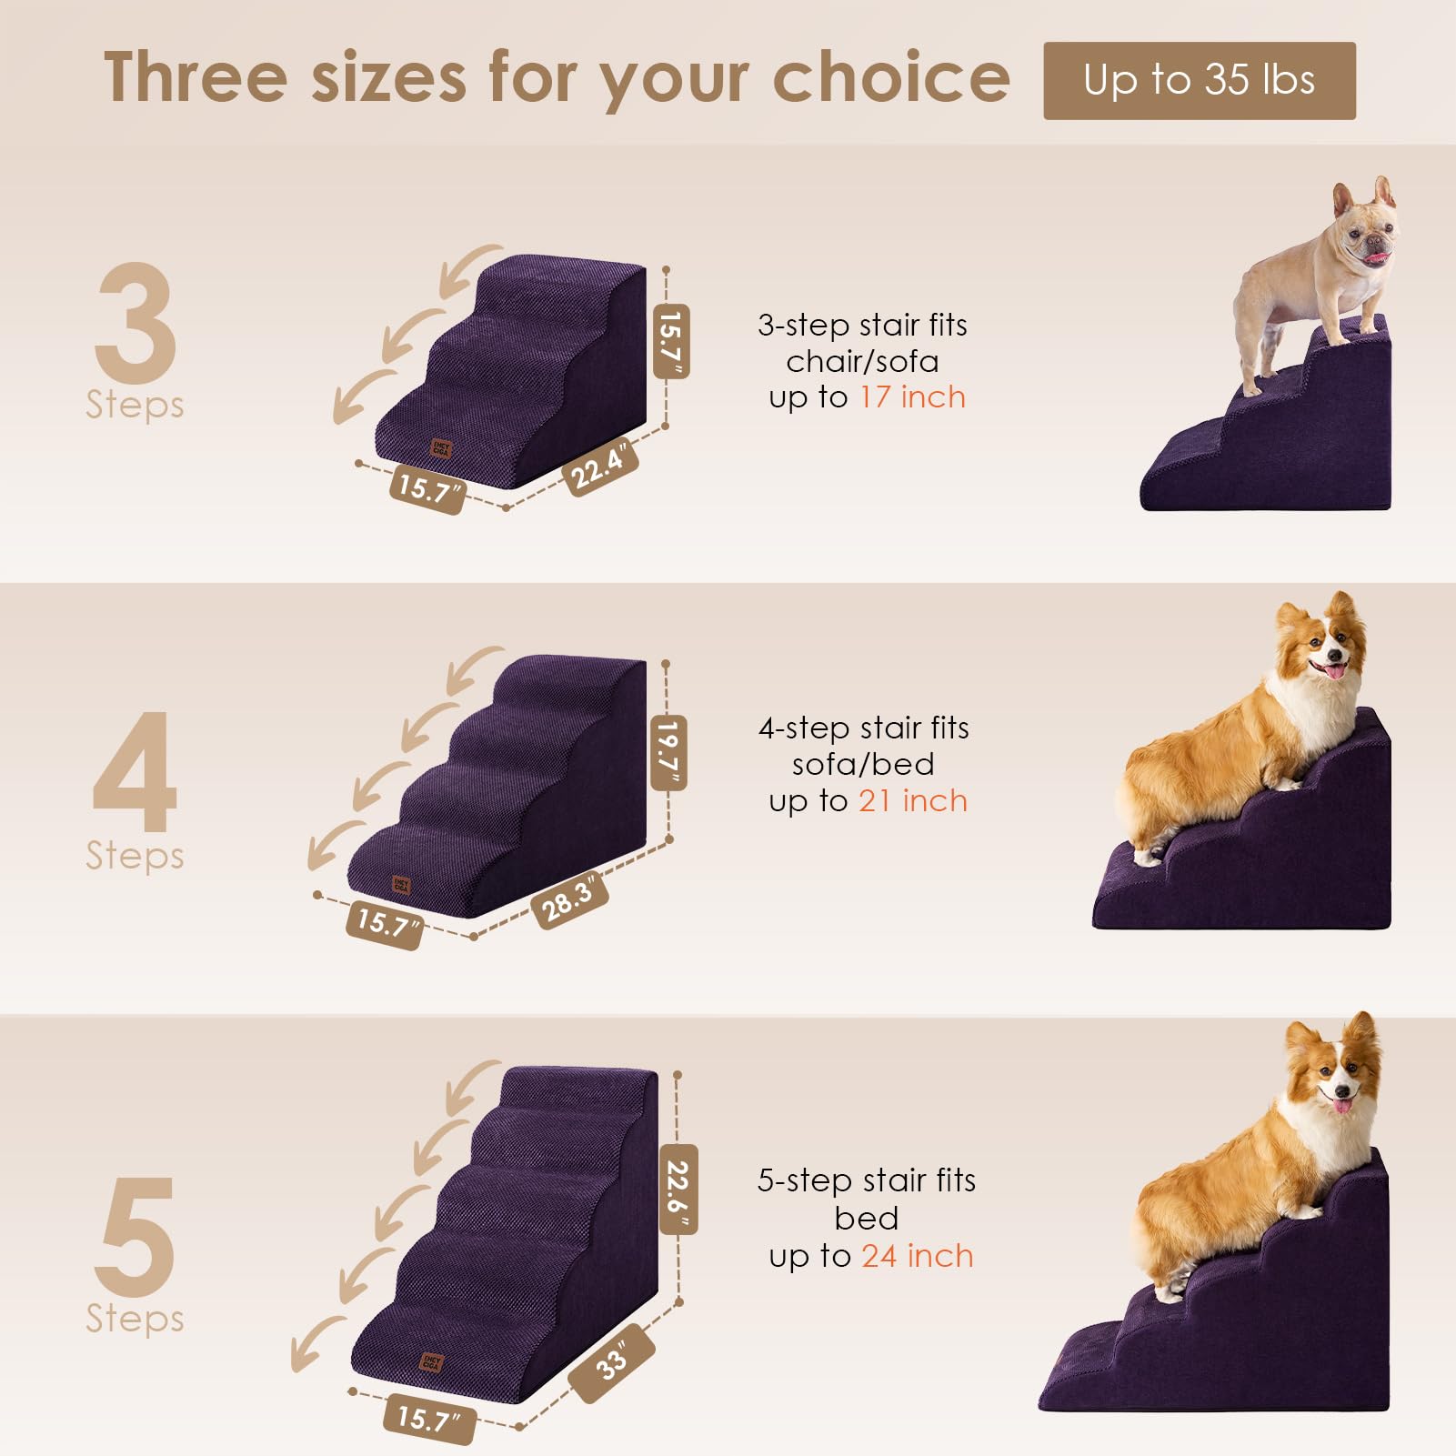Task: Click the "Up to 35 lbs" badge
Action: (1199, 80)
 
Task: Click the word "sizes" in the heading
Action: (389, 77)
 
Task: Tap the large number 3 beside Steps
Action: (135, 323)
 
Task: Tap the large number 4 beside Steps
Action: (135, 773)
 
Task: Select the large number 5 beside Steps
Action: (135, 1237)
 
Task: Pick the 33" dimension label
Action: (612, 1361)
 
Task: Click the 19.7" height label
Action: (668, 751)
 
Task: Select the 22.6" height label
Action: (678, 1188)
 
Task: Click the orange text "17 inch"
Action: (912, 397)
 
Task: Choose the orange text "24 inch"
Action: (917, 1256)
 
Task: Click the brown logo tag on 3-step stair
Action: (441, 448)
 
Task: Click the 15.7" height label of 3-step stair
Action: (671, 341)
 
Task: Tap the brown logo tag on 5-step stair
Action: (431, 1362)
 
